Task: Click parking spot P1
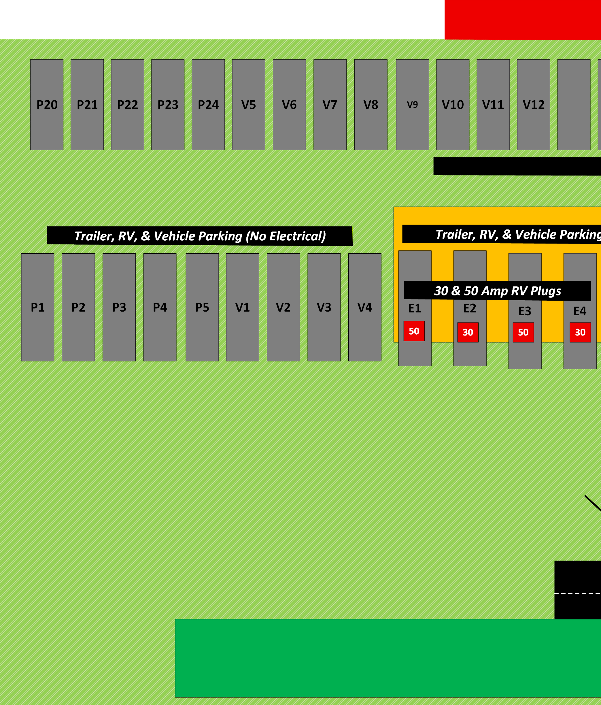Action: point(37,307)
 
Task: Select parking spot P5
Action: point(202,307)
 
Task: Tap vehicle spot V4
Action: point(365,307)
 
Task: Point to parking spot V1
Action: point(243,307)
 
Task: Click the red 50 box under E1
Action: point(414,331)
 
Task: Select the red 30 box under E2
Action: point(468,332)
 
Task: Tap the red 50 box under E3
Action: point(523,332)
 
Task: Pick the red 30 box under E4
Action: point(580,332)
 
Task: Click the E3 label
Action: point(525,311)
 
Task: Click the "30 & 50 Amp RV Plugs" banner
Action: point(497,291)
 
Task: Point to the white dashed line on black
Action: point(578,593)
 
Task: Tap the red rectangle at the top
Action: point(522,20)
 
